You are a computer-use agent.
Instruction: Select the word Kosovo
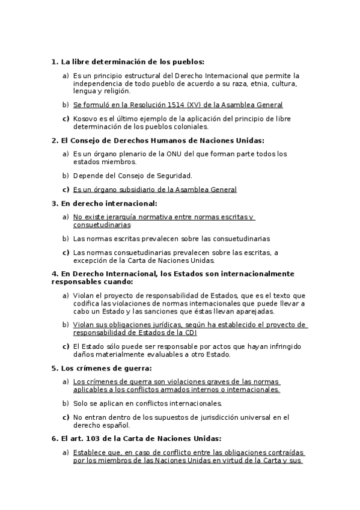(86, 119)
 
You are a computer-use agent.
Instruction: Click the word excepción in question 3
(91, 260)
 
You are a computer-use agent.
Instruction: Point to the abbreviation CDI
(189, 333)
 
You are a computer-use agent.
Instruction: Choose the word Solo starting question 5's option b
(82, 404)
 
